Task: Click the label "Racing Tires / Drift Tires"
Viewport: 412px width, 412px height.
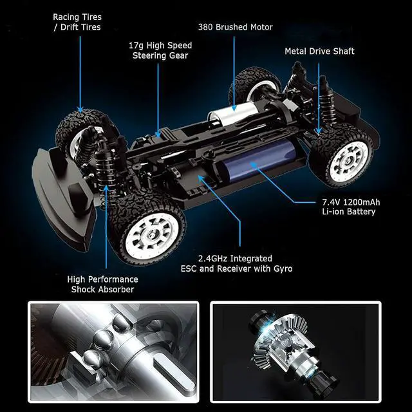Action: coord(77,22)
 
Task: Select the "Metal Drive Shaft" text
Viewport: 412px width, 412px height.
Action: coord(319,51)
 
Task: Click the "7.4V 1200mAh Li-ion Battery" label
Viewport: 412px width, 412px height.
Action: coord(351,207)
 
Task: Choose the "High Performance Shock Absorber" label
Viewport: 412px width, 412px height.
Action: coord(102,285)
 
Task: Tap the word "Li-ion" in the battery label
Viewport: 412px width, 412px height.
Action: coord(334,212)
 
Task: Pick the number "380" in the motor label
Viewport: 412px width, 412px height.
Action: coord(205,27)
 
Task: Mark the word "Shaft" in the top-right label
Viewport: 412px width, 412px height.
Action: coord(342,51)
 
